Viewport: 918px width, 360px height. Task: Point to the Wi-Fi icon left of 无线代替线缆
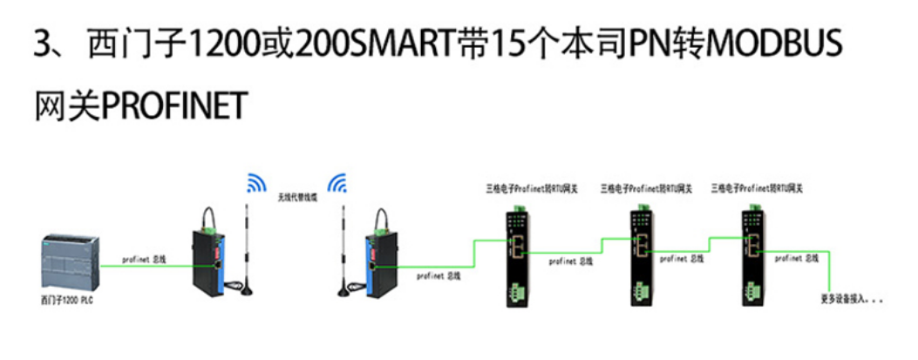coord(255,183)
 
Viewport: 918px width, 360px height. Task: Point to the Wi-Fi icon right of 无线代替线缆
coord(337,183)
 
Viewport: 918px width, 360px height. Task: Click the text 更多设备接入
coord(852,300)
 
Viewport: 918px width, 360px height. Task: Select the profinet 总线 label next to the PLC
coord(144,260)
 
